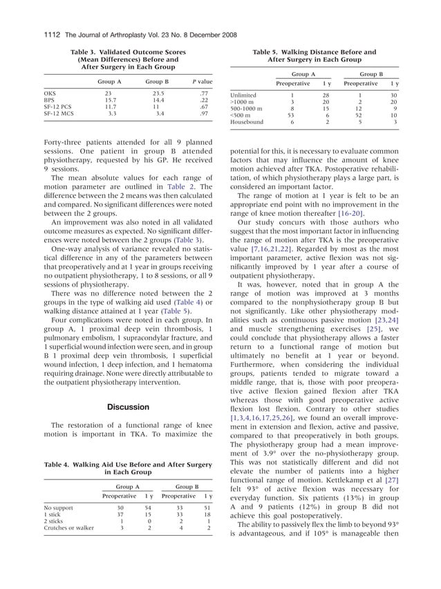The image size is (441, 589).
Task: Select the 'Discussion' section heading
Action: (x=128, y=407)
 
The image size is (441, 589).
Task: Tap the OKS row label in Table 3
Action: (x=50, y=92)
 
